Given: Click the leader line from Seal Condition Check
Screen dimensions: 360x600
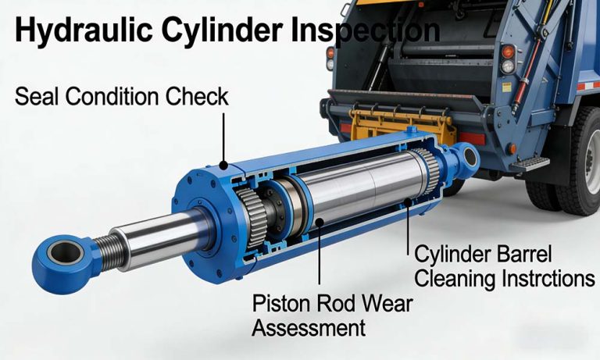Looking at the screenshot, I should pyautogui.click(x=224, y=137).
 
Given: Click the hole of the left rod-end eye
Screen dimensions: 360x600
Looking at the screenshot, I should pyautogui.click(x=62, y=251).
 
